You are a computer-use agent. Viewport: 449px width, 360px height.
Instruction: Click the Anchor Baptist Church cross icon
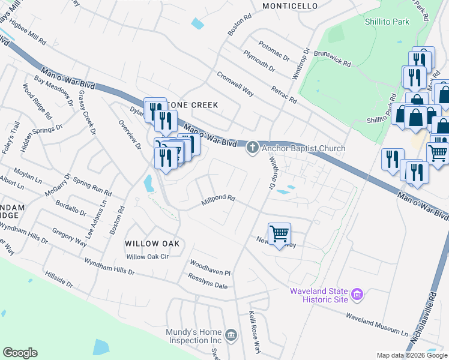253,148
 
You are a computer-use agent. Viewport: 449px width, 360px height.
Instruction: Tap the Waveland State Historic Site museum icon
357,295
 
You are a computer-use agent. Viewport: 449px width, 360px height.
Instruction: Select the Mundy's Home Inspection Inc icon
231,334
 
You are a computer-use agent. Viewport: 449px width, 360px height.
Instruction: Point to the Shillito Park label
387,22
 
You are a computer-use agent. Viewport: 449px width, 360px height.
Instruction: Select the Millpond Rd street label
217,199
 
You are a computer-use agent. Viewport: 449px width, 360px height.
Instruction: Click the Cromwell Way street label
235,84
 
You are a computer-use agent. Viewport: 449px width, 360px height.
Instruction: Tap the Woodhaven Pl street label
210,268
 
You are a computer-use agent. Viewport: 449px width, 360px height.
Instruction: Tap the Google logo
20,353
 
